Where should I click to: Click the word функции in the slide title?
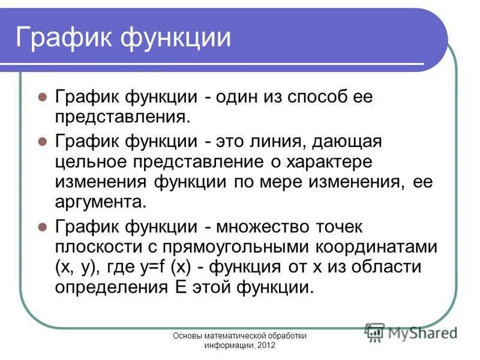click(x=176, y=38)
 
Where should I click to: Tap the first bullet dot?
click(x=42, y=97)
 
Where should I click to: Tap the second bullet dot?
click(x=42, y=142)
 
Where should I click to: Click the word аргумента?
click(x=101, y=201)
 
